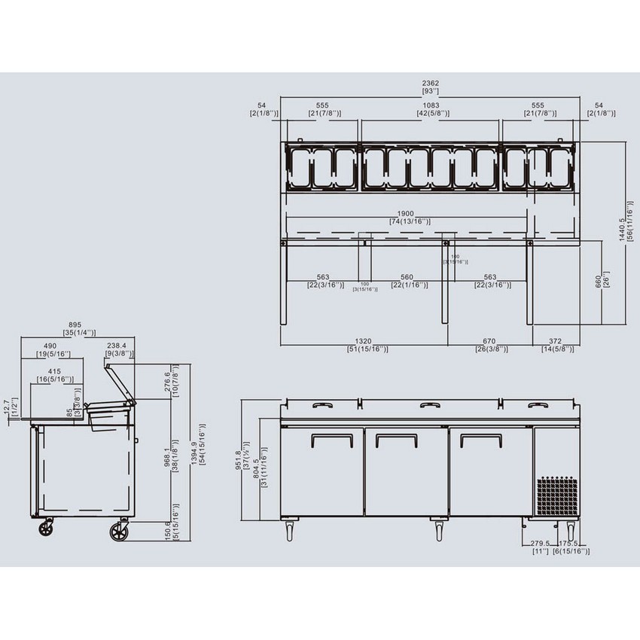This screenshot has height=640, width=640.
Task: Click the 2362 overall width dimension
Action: (x=431, y=83)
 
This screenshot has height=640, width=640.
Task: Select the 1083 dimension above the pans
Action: (x=433, y=105)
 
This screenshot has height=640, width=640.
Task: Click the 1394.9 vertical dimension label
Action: (x=197, y=454)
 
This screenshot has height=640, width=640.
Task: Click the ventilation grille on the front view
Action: (x=557, y=495)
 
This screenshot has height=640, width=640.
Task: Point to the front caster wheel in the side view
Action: (x=119, y=532)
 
